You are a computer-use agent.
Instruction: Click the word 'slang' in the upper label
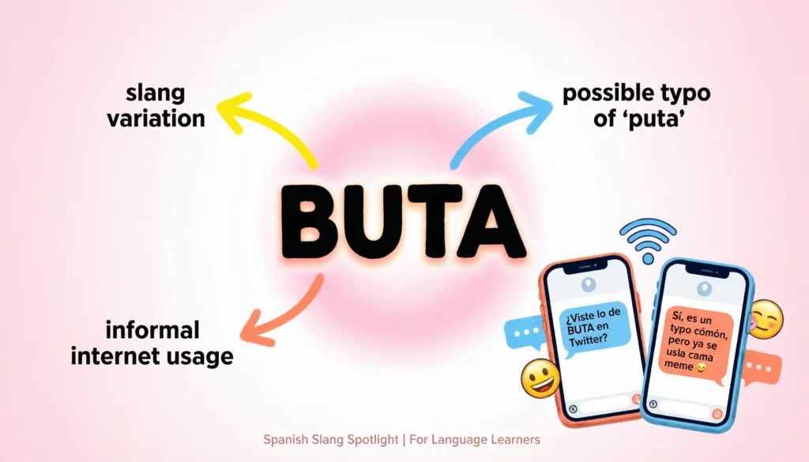[x=155, y=93]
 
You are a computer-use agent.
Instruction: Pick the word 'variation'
[x=156, y=118]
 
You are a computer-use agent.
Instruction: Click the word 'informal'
[x=152, y=329]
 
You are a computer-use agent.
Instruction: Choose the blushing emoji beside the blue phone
[x=765, y=319]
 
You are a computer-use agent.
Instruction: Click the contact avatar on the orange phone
[x=588, y=284]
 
